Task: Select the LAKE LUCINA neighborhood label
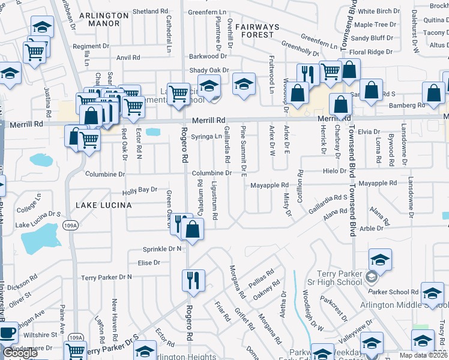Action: (99, 205)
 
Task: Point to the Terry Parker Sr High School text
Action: (338, 278)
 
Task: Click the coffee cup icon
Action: (7, 333)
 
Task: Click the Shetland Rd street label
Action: (150, 11)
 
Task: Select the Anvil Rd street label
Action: (128, 58)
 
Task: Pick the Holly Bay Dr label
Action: (139, 190)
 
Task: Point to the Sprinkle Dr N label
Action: (162, 249)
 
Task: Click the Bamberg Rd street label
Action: (406, 106)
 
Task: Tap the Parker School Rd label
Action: (393, 292)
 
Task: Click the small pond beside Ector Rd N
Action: (153, 132)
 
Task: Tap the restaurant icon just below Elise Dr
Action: (194, 281)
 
